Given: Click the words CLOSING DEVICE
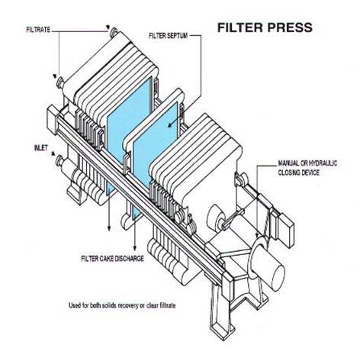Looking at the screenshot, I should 302,173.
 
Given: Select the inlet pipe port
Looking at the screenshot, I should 59,160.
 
